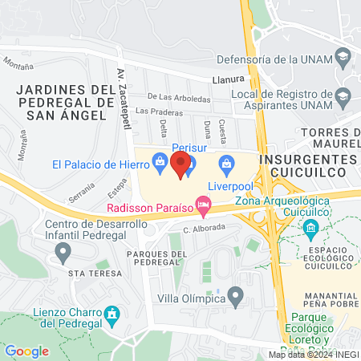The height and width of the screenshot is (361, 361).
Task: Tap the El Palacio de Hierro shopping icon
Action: pos(160,164)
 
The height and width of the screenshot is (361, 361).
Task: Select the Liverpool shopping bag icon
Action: pos(226,165)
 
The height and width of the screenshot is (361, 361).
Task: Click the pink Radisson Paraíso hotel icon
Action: pos(205,208)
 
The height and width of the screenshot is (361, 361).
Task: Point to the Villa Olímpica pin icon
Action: pos(236,298)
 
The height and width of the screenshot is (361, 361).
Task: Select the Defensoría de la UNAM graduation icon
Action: pos(343,57)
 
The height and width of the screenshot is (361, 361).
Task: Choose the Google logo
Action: pos(27,351)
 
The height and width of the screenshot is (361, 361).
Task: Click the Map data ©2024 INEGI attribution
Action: pos(314,355)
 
